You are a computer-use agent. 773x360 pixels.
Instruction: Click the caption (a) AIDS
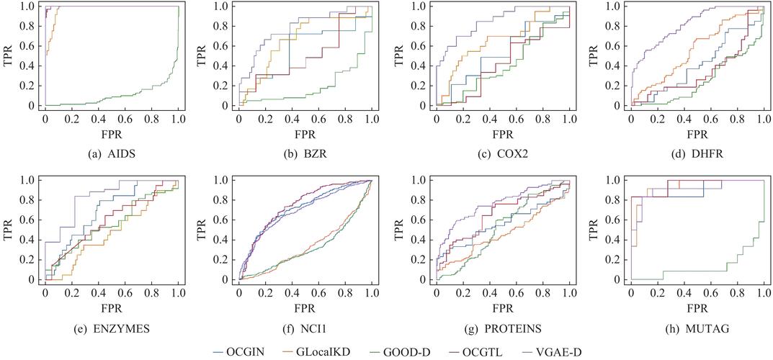112,154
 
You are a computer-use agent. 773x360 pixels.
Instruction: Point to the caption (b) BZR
305,154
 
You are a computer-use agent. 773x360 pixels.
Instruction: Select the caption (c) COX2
501,154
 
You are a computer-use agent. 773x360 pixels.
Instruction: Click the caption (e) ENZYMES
112,328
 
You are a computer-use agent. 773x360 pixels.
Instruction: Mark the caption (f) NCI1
305,328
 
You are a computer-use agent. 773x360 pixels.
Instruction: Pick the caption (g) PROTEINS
501,328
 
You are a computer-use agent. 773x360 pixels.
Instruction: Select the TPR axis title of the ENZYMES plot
9,229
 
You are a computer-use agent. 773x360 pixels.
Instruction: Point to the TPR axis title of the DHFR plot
594,55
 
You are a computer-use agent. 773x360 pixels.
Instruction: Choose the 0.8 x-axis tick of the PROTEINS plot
542,293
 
